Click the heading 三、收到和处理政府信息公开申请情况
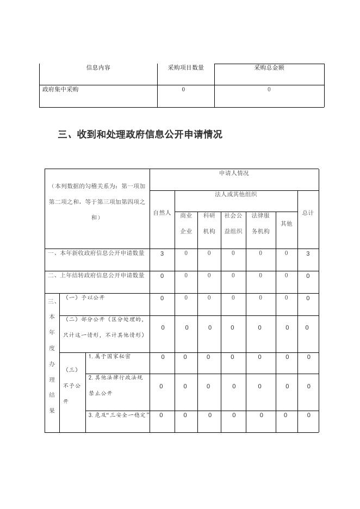140,134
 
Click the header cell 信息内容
98,68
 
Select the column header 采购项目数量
186,68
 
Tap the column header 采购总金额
269,68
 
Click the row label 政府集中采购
60,89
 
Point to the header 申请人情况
234,173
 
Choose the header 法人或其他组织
236,194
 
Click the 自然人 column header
162,213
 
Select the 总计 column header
308,213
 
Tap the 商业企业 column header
186,223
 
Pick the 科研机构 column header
209,223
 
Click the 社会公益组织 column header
233,223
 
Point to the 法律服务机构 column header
260,223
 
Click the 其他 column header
286,224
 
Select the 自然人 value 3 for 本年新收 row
162,253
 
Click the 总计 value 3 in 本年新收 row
308,253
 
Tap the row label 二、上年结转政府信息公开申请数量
96,275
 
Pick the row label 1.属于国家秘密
109,357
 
